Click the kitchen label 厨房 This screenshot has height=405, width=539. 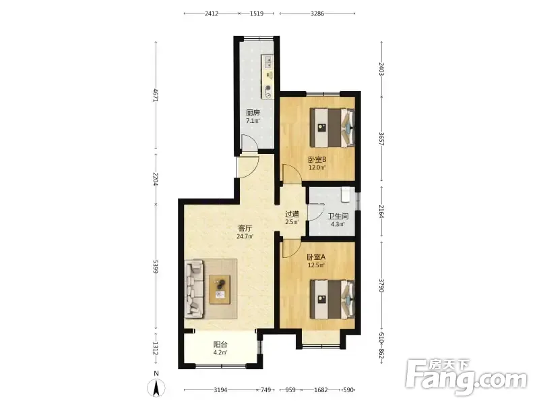click(253, 113)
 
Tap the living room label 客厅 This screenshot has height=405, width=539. click(245, 228)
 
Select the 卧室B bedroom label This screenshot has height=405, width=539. click(317, 160)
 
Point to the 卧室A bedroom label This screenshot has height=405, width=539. click(316, 257)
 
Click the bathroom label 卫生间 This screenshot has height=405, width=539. click(338, 216)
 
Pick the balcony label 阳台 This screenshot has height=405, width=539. click(220, 344)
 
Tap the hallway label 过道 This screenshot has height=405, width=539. click(292, 214)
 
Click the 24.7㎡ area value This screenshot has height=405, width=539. click(245, 236)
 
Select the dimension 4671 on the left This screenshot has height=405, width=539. click(156, 95)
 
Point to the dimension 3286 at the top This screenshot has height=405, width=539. click(317, 13)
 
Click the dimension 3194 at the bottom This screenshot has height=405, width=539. click(220, 390)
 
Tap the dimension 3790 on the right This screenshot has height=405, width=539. click(381, 286)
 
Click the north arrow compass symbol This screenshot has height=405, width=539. click(156, 387)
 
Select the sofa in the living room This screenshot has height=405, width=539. click(194, 289)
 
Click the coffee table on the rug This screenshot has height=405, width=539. click(220, 290)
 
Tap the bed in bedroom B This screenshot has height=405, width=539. click(332, 128)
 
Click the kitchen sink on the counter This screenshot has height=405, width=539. click(268, 62)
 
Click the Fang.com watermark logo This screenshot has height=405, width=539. click(466, 377)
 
